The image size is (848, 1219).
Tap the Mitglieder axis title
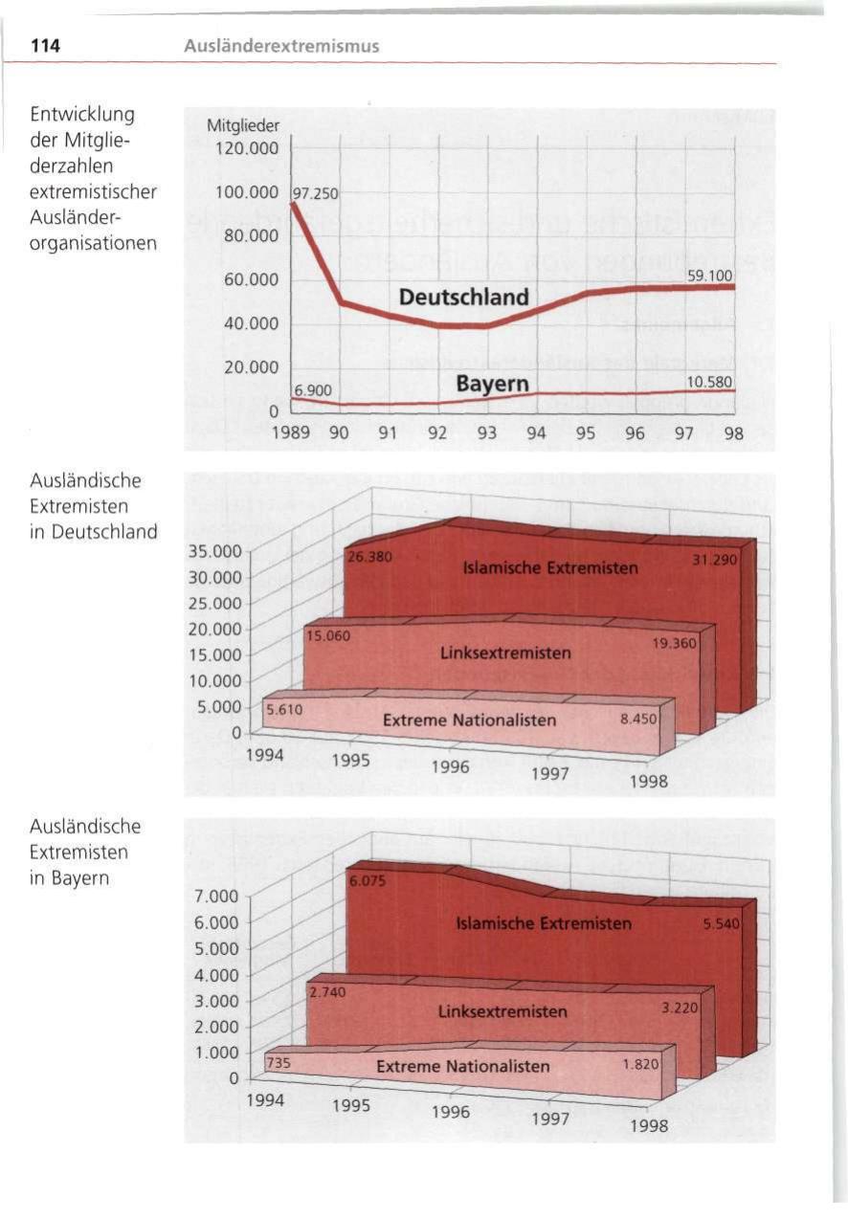coord(243,125)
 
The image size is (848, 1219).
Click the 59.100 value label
coord(709,276)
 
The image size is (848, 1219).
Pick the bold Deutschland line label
coord(463,297)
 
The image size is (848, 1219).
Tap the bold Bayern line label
coord(492,384)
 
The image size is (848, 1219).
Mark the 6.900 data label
coord(312,389)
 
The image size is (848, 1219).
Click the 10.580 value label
coord(709,383)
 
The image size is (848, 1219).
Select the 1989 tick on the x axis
coord(291,432)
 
